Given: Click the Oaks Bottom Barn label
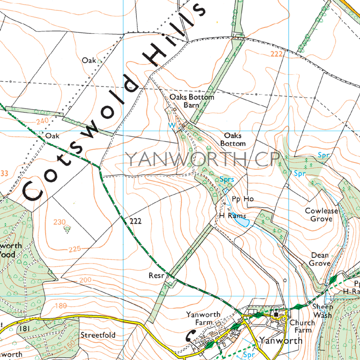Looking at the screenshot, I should pos(192,101).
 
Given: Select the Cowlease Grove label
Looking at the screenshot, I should pos(319,215).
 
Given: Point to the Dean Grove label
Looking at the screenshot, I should pos(320,259).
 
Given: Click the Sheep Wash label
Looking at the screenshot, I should pos(322,311).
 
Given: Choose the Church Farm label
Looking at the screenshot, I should pos(301,327).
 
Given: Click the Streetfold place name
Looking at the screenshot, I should pos(98,335).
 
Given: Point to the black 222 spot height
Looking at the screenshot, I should pos(135,221).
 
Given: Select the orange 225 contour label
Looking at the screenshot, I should pos(75,249).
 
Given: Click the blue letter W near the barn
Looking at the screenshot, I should pos(171,126).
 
